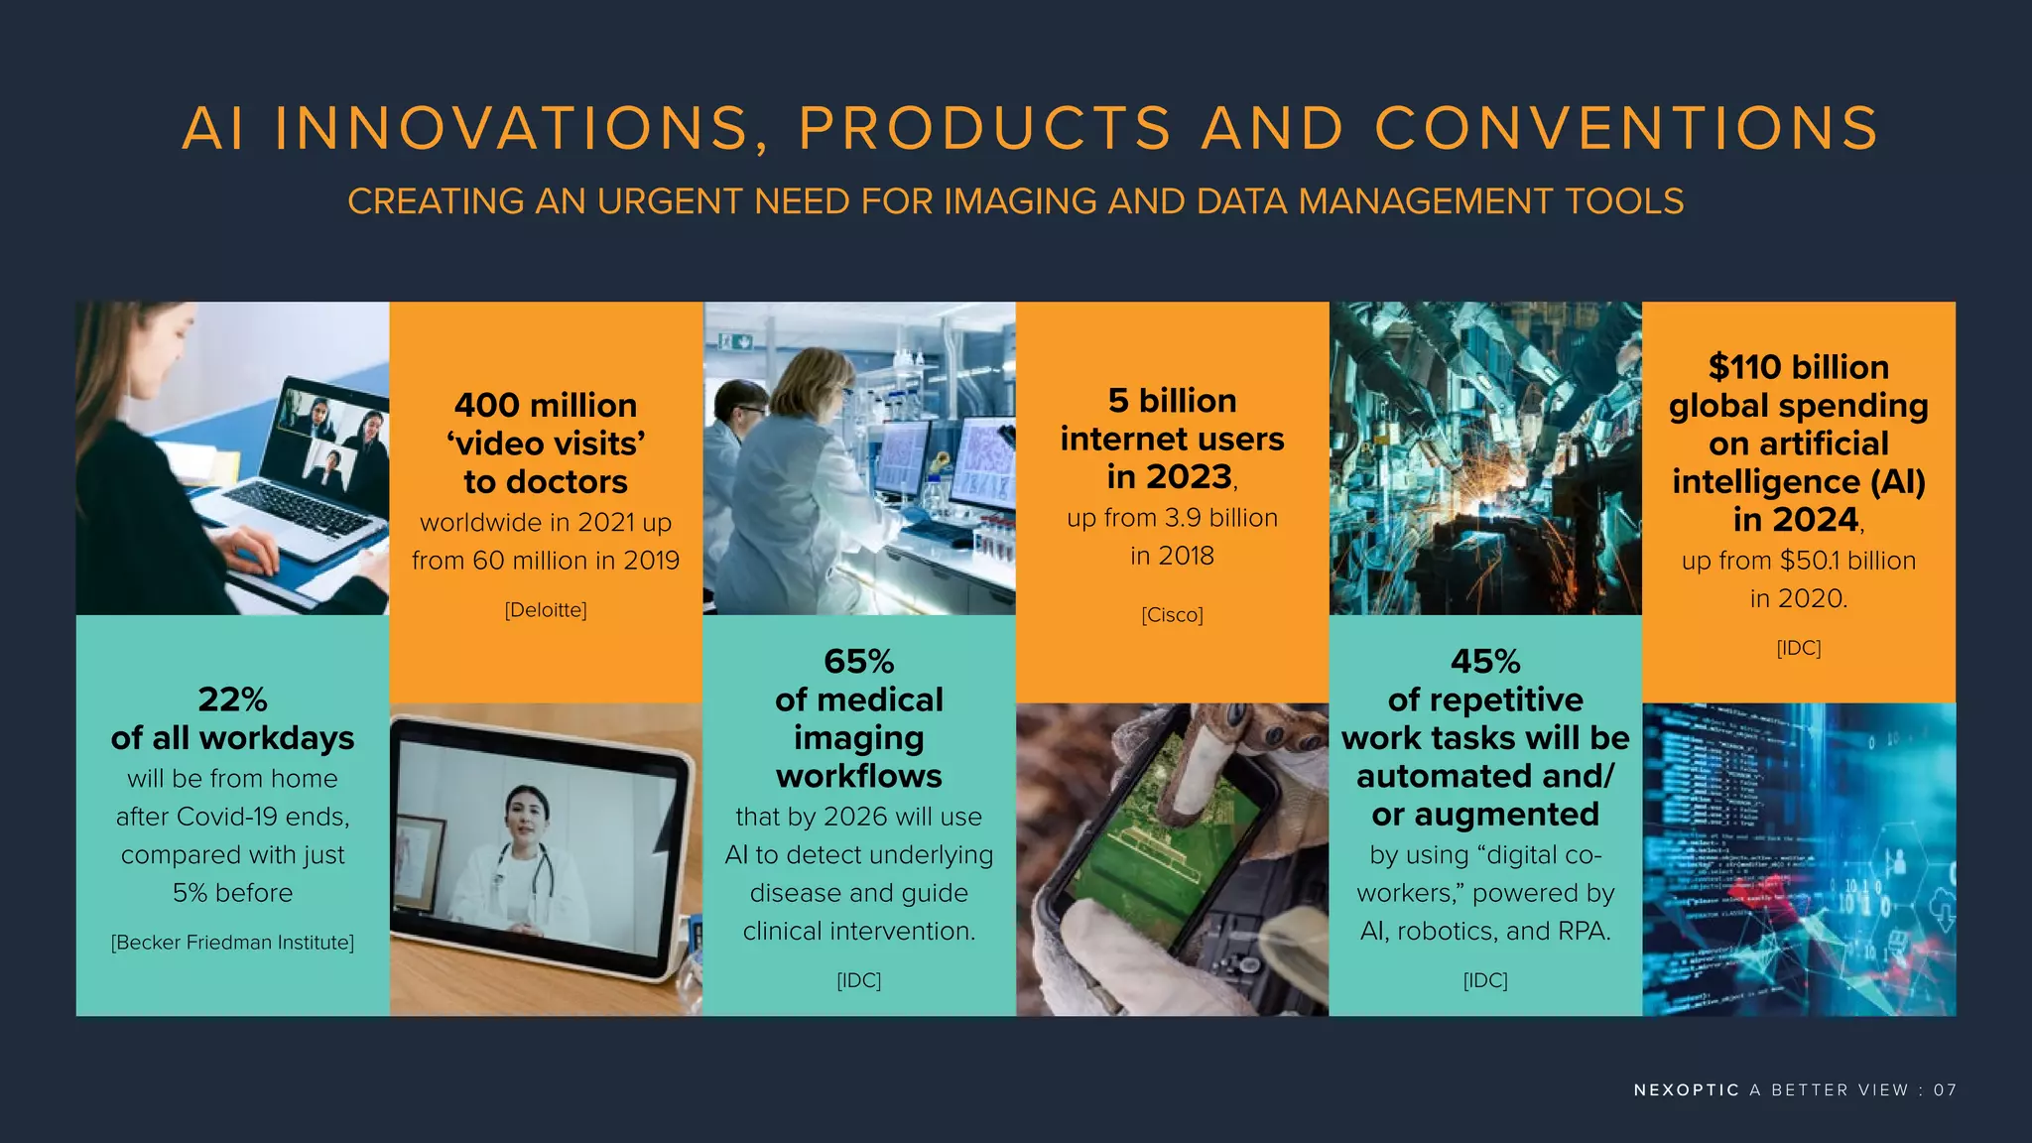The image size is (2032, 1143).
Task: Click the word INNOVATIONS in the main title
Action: [512, 129]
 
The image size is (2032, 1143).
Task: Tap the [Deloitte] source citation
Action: [546, 610]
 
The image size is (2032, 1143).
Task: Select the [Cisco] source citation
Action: [1172, 615]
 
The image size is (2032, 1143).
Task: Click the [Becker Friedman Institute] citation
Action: [232, 943]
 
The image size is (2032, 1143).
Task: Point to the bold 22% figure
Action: [232, 699]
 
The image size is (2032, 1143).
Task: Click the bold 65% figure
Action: [859, 662]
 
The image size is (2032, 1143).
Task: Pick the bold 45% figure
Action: [1485, 662]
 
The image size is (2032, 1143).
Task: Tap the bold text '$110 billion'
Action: [1798, 368]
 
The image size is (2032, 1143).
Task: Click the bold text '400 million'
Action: [546, 406]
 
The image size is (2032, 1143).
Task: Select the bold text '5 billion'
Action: [1172, 401]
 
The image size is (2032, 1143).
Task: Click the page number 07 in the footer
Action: [1945, 1090]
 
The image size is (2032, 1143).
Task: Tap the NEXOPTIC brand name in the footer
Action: [1686, 1090]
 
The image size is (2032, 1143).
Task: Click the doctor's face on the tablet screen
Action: [526, 814]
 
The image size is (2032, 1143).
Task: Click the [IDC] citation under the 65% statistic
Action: [859, 981]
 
